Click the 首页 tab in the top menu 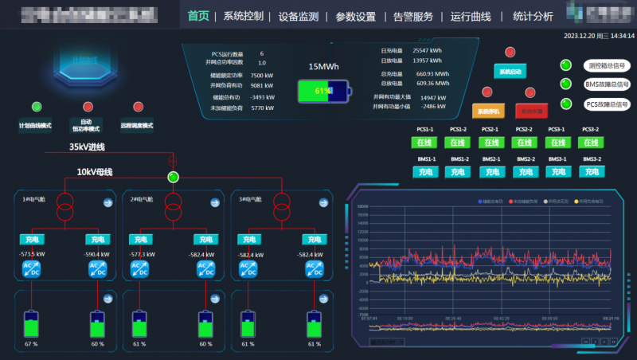point(199,16)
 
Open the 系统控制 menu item point(243,16)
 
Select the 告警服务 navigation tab point(413,16)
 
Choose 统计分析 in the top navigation point(533,16)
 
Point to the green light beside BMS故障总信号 point(567,84)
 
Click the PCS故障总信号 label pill point(607,104)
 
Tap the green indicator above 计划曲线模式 point(37,107)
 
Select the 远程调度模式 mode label point(137,126)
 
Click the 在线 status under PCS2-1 point(490,143)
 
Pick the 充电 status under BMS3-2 point(592,171)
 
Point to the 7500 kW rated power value point(262,75)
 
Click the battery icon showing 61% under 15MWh point(323,91)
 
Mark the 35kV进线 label point(87,147)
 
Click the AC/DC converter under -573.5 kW point(31,269)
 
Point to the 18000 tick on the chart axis point(362,207)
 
